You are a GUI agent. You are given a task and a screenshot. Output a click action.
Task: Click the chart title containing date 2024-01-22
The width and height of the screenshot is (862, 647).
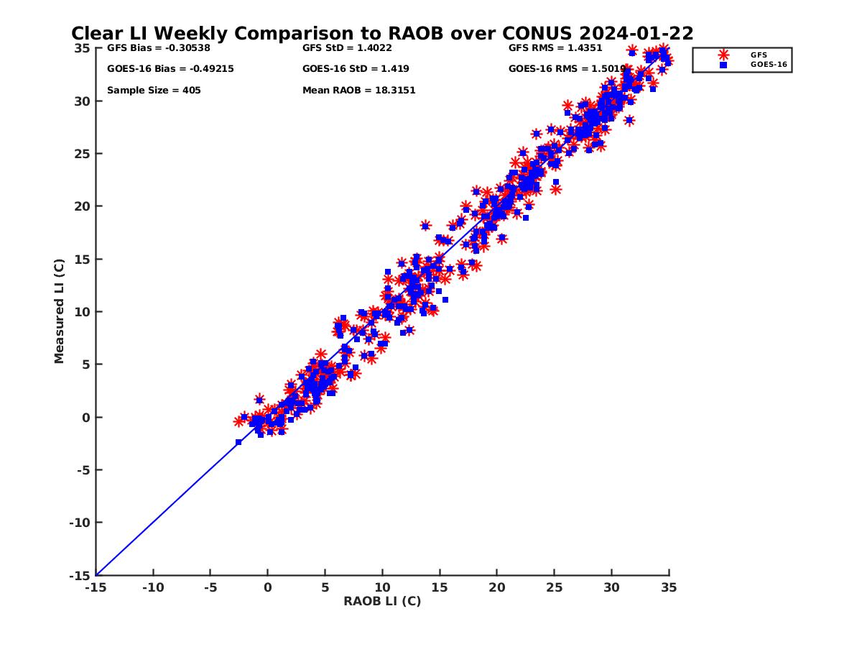click(x=381, y=34)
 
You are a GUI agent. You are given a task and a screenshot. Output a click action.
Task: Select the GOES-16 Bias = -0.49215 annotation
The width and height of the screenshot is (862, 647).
click(x=170, y=69)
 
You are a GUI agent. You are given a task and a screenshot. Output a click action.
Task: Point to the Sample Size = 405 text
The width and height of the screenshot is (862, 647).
click(x=154, y=91)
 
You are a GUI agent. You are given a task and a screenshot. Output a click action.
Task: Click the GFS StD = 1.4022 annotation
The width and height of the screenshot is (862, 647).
click(x=347, y=48)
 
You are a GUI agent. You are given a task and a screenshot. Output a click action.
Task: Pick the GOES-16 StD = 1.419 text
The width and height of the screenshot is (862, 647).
click(x=356, y=69)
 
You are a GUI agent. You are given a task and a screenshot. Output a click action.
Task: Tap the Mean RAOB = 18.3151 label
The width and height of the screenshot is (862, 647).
click(x=358, y=91)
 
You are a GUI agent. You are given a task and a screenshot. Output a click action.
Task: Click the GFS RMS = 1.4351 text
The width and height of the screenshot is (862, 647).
click(x=555, y=48)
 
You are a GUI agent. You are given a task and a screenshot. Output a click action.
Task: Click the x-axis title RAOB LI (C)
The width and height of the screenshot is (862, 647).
click(x=382, y=601)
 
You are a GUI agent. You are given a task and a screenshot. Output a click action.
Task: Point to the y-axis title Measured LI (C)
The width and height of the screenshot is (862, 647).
click(x=59, y=311)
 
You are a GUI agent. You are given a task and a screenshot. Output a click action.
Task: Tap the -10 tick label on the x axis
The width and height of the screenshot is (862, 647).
click(x=153, y=587)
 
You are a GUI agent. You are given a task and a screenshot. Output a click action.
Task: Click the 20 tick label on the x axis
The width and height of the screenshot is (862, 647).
click(x=497, y=587)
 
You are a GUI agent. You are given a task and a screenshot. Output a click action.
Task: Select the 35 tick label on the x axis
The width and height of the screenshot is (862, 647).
click(x=669, y=587)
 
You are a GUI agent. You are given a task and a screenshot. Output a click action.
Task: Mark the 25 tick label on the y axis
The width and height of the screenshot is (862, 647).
click(x=81, y=153)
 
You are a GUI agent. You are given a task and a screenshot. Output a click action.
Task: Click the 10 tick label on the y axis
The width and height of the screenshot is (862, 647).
click(x=81, y=312)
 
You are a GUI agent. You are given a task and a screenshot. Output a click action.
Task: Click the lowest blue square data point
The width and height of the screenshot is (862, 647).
click(x=238, y=442)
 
